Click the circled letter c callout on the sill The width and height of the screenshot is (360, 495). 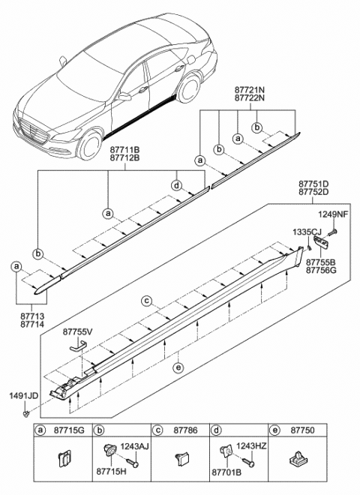pyautogui.click(x=148, y=301)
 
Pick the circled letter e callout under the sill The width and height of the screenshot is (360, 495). pyautogui.click(x=177, y=367)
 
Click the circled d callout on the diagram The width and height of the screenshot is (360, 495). pyautogui.click(x=176, y=185)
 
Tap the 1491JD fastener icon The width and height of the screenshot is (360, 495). pyautogui.click(x=27, y=412)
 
